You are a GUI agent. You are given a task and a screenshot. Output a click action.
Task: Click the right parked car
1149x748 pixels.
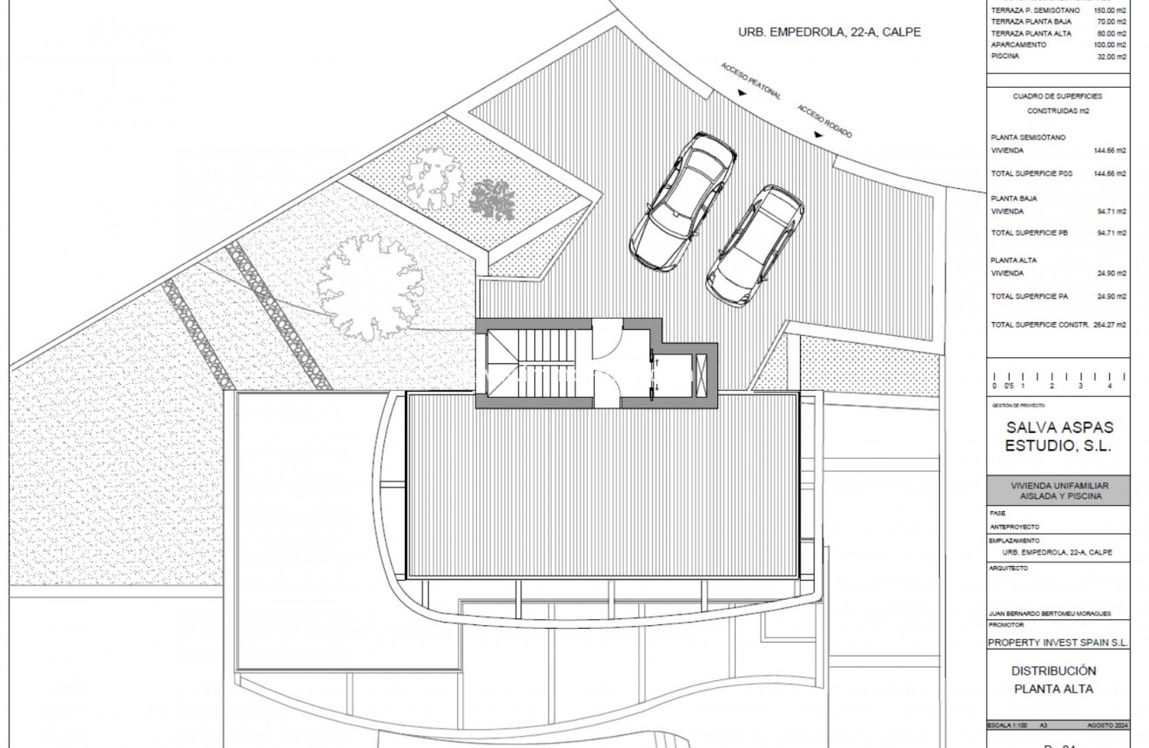755,246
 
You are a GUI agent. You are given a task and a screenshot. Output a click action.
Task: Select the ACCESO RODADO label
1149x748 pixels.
825,121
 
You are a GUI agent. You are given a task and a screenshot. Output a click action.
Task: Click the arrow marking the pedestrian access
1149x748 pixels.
742,92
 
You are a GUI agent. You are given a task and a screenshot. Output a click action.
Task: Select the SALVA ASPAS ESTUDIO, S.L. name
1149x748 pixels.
1059,437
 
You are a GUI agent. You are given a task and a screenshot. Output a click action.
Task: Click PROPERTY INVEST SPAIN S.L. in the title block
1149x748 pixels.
1058,643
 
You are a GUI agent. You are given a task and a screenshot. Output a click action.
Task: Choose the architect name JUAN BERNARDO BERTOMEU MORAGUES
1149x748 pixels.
1051,613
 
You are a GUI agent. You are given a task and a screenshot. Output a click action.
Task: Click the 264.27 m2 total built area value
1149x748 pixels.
1110,324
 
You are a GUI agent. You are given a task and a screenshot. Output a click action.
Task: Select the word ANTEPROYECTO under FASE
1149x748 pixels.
1015,527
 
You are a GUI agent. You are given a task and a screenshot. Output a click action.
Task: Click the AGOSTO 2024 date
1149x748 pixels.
1107,725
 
